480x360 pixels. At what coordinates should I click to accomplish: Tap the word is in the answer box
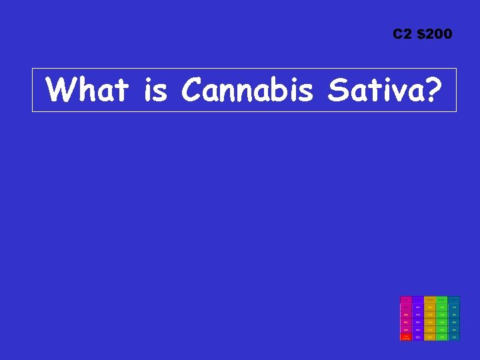(155, 89)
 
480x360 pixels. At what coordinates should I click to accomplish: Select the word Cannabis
(247, 89)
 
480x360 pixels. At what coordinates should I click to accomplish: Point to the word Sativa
(371, 89)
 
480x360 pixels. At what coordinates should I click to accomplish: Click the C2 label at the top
(403, 33)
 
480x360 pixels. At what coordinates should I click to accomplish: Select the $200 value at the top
(434, 33)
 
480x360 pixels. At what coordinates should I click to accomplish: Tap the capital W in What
(63, 89)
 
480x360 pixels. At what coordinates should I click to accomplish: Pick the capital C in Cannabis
(191, 89)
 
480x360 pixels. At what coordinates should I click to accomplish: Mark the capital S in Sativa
(337, 89)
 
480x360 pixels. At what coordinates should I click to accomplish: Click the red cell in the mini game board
(405, 337)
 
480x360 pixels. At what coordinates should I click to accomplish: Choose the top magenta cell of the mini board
(405, 299)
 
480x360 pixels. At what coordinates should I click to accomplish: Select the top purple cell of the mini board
(417, 299)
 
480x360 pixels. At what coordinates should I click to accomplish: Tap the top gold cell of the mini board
(430, 299)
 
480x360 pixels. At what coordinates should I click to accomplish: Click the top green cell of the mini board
(442, 299)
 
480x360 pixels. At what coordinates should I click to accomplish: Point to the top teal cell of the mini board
(454, 299)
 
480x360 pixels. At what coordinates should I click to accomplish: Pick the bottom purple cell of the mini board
(417, 337)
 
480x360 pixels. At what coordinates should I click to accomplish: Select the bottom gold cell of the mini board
(430, 337)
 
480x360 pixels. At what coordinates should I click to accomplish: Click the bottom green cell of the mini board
(442, 337)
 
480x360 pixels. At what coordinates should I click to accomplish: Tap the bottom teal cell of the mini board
(454, 337)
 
